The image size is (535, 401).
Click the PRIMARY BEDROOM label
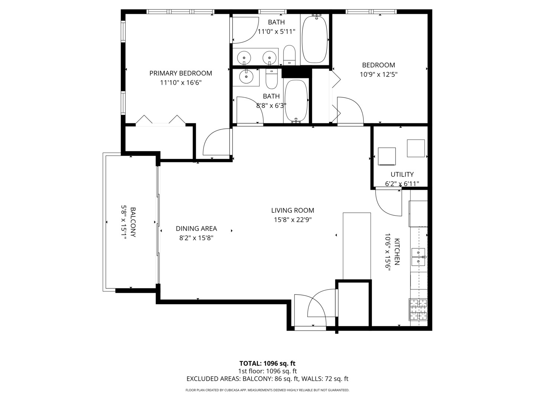(181, 73)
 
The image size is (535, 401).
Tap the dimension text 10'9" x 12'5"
(379, 74)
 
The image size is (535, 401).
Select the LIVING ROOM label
(292, 211)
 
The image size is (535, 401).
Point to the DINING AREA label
(196, 229)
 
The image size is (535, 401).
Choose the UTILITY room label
(402, 175)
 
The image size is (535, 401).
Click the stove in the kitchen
(418, 309)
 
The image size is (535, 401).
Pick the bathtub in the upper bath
(314, 39)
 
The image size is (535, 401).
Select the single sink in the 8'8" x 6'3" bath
(245, 77)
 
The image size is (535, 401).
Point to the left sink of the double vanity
(244, 58)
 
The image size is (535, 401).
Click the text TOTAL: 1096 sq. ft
(267, 363)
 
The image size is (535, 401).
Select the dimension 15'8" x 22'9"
(292, 220)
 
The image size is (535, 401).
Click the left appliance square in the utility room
(386, 156)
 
